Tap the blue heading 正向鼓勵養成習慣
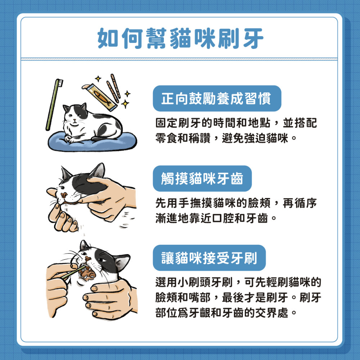(216, 98)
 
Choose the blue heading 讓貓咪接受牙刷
(209, 258)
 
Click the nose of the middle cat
(64, 194)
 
